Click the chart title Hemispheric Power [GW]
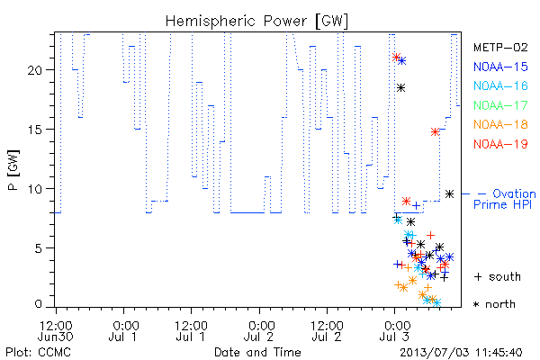256,22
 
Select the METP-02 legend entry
500,47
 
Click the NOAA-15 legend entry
500,67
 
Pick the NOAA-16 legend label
500,85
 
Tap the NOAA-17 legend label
500,105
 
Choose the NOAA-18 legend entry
500,124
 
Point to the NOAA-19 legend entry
500,144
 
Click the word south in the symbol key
505,276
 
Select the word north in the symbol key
500,304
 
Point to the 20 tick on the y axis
34,70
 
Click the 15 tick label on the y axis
34,130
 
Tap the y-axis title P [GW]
13,170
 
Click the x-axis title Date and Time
257,352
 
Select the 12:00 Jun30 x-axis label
56,330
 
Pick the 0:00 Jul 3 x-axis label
395,330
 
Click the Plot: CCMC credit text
38,352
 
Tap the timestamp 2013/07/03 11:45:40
461,353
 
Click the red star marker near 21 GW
396,57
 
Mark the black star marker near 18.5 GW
400,88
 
